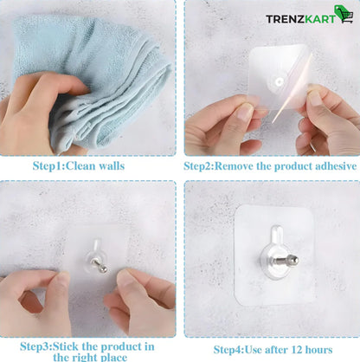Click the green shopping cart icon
[x=344, y=14]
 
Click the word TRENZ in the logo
[x=285, y=19]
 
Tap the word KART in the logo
[x=320, y=19]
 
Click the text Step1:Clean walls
[x=79, y=166]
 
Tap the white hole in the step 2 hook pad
[x=279, y=82]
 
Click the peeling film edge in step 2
[x=292, y=89]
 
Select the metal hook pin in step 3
[x=99, y=266]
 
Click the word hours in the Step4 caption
[x=318, y=350]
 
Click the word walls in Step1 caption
[x=112, y=166]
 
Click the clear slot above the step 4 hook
[x=277, y=235]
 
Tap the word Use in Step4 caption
[x=254, y=350]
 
